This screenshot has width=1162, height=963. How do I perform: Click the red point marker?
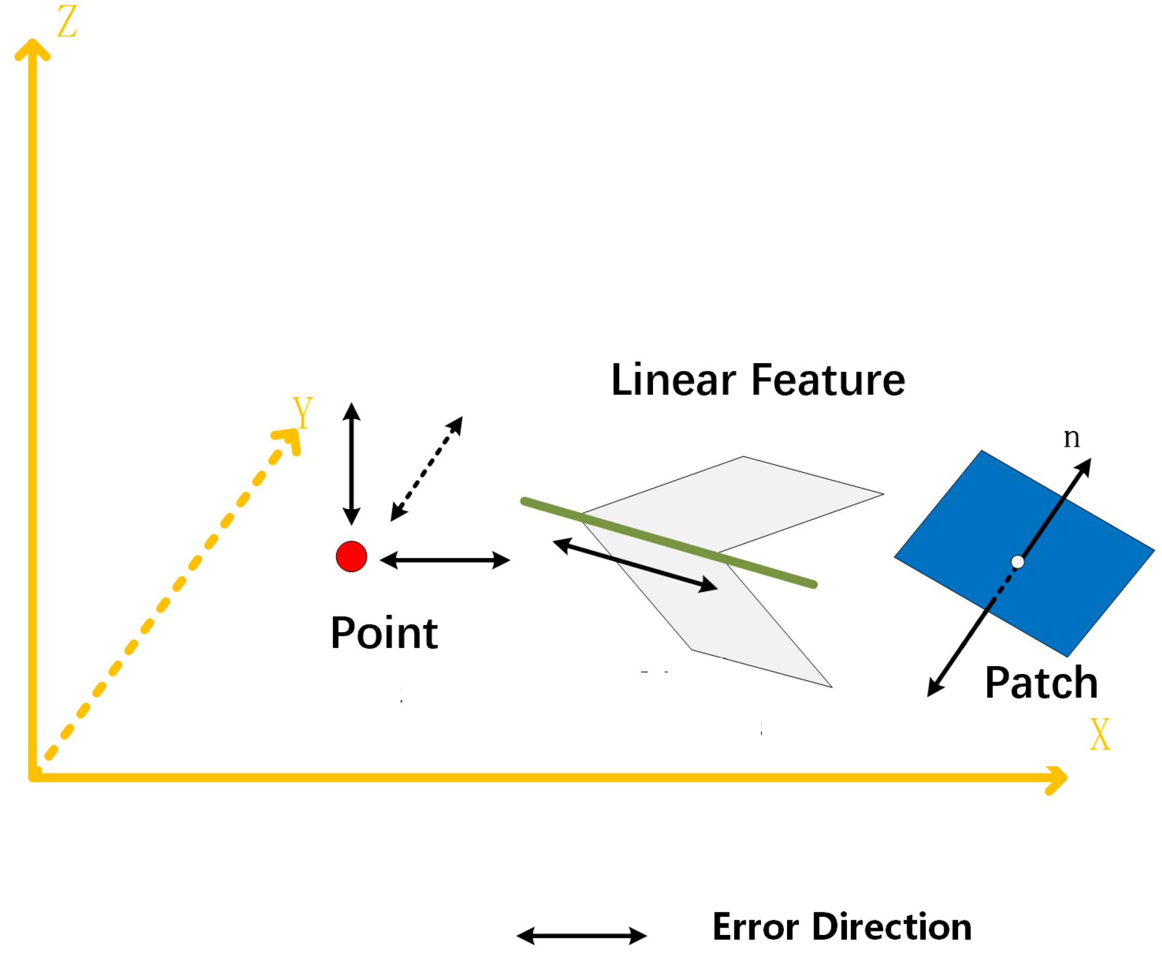pyautogui.click(x=352, y=556)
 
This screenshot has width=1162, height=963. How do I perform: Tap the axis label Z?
pyautogui.click(x=67, y=22)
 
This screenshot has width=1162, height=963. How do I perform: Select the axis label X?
pyautogui.click(x=1099, y=735)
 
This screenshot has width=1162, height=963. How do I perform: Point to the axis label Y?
pyautogui.click(x=302, y=412)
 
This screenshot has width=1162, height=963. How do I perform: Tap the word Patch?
pyautogui.click(x=1041, y=683)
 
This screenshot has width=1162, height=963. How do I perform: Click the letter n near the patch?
pyautogui.click(x=1072, y=437)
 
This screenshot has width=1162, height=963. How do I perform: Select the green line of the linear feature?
pyautogui.click(x=669, y=543)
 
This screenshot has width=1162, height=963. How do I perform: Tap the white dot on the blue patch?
pyautogui.click(x=1018, y=562)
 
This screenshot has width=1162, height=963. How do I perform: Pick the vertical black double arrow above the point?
pyautogui.click(x=352, y=464)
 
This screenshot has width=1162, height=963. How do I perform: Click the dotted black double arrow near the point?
pyautogui.click(x=427, y=469)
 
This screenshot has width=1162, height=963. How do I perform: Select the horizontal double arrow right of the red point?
pyautogui.click(x=445, y=560)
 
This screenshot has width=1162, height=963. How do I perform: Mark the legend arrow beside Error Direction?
pyautogui.click(x=582, y=936)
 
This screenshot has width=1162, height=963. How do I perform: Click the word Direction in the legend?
pyautogui.click(x=891, y=927)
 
